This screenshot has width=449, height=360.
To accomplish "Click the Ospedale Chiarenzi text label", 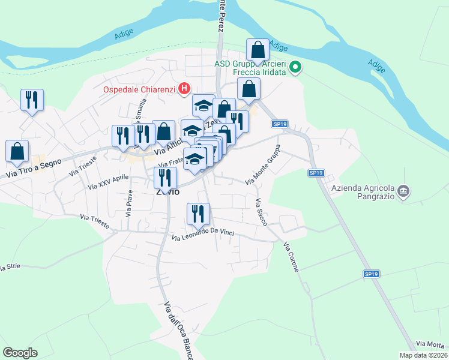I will [x=138, y=90].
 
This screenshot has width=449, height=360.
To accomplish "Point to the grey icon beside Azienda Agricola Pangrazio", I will [x=405, y=191].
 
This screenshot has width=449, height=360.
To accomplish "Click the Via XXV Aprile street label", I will [x=108, y=182].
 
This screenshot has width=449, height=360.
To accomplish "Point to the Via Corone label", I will [x=291, y=257].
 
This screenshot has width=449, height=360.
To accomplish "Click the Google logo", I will [x=20, y=353].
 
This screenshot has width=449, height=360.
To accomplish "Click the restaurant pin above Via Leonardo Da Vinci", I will [x=198, y=214].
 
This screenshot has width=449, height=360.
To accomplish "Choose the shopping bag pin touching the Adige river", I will [x=258, y=50].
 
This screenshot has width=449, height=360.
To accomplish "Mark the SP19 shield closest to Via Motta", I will [x=371, y=274].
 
